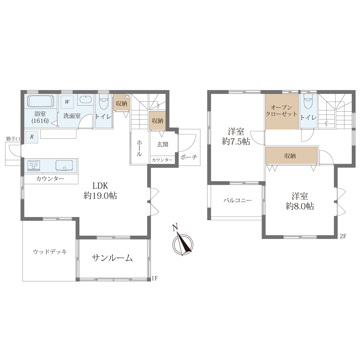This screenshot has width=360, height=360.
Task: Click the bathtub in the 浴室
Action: [41, 101]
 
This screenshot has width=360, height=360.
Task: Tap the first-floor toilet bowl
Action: [104, 102]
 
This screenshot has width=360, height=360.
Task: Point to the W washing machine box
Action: [67, 102]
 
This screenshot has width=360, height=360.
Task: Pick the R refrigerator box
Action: [32, 137]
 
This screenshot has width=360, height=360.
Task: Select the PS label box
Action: [127, 96]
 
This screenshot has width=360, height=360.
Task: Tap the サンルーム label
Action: [112, 258]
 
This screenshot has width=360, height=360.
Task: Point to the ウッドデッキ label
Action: [50, 252]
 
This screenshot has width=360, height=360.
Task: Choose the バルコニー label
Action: [238, 201]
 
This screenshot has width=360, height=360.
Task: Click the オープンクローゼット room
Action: [282, 112]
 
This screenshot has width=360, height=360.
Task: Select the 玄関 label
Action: [163, 144]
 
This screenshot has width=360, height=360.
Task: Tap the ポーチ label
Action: [189, 157]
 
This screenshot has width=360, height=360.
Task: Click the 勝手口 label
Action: [13, 139]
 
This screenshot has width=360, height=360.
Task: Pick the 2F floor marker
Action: [343, 236]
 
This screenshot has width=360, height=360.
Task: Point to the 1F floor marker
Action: [155, 278]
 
